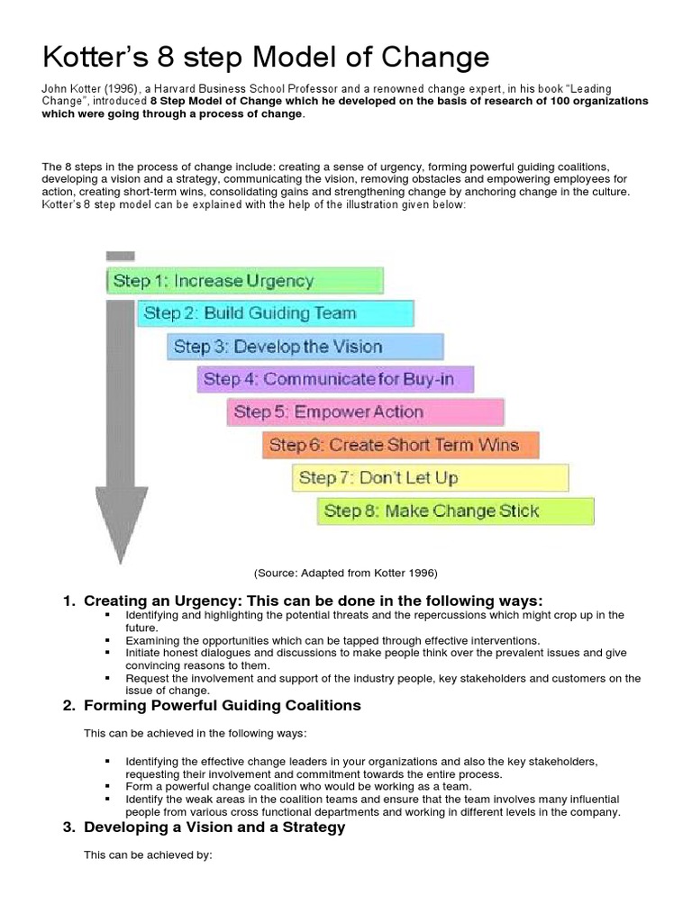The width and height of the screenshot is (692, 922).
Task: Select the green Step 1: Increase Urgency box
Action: click(x=244, y=280)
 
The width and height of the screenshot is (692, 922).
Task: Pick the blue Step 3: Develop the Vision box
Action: click(x=305, y=347)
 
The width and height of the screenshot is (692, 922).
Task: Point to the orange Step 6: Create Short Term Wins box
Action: click(x=402, y=445)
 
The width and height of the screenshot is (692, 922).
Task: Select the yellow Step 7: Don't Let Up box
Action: click(x=431, y=477)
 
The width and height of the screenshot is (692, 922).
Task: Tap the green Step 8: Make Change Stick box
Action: click(x=456, y=511)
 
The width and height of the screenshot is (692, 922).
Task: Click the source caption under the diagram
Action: click(x=345, y=573)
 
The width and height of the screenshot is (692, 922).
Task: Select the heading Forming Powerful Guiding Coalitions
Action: click(x=223, y=705)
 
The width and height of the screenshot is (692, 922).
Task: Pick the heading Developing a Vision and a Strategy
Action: click(x=214, y=827)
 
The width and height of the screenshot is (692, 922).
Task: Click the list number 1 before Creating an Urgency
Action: click(x=68, y=601)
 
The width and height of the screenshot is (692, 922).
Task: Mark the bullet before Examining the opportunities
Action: click(x=107, y=639)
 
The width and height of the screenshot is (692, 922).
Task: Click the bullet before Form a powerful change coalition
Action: click(x=107, y=786)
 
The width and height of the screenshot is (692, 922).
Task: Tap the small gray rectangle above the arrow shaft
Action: click(x=121, y=256)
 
